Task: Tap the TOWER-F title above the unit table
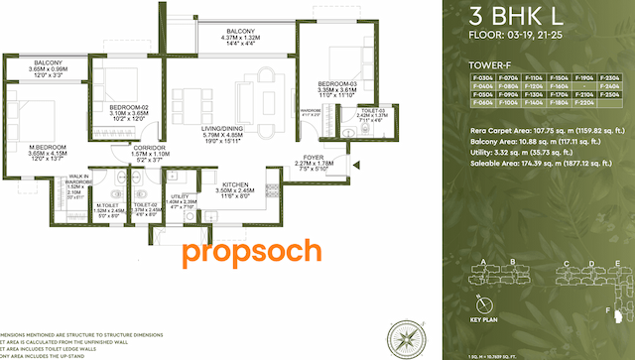pos(490,65)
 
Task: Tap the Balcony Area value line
pos(533,140)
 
